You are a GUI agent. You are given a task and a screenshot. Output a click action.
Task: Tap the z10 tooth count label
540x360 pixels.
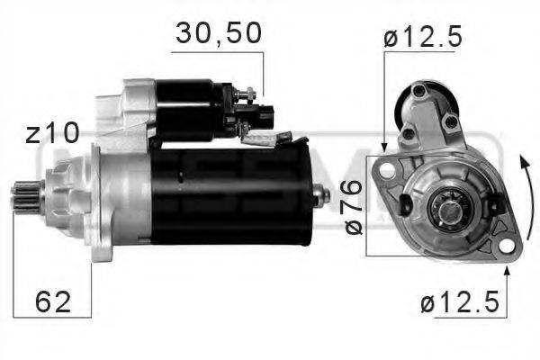click(51, 134)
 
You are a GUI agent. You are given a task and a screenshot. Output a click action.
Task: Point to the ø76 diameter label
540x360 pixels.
click(354, 206)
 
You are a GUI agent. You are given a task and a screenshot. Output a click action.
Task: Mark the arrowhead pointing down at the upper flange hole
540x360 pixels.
click(384, 145)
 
